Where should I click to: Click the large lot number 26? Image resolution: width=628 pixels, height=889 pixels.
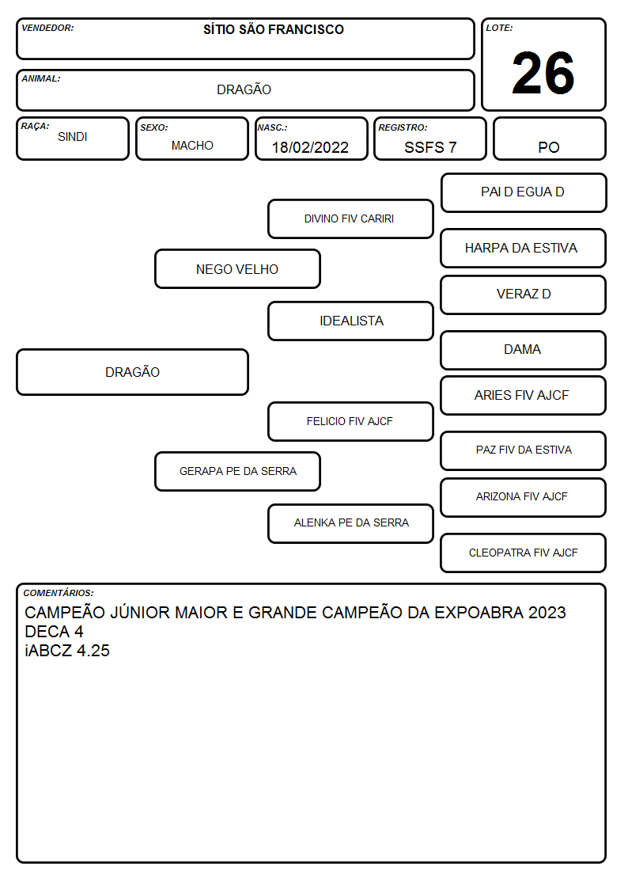[x=543, y=73]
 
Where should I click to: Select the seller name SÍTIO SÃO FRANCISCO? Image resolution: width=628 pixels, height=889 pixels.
[x=274, y=29]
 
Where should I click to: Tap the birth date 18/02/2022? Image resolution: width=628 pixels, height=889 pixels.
[x=310, y=147]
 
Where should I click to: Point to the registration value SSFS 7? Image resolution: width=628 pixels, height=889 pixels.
[x=430, y=147]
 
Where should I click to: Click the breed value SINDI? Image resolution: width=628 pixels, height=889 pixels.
[x=73, y=137]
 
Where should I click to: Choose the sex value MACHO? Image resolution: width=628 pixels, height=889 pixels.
[x=192, y=146]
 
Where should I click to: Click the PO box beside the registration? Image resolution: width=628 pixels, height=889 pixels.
[x=549, y=139]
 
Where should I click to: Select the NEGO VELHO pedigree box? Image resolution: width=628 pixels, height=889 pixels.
[x=238, y=268]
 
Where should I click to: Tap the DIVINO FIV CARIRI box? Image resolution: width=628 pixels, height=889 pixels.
[x=350, y=218]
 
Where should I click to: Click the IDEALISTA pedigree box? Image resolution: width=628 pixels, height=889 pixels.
[x=350, y=321]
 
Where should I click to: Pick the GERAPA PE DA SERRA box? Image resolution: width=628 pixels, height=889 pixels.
[x=238, y=471]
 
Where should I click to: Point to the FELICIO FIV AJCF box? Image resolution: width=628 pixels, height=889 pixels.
[x=350, y=421]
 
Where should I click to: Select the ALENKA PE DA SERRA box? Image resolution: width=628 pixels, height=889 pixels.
[x=350, y=523]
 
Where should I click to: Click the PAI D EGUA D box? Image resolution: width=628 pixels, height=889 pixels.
[x=524, y=193]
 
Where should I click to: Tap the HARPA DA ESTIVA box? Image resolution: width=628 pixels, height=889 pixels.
[x=524, y=248]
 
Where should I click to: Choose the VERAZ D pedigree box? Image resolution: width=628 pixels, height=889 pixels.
[x=524, y=294]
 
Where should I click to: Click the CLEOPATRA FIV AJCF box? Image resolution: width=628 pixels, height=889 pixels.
[x=524, y=553]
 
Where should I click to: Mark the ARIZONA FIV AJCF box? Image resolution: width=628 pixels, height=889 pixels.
[x=524, y=497]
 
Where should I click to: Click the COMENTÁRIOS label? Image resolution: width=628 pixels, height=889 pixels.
[x=59, y=593]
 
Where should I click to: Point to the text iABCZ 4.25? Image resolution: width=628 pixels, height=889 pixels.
[x=66, y=650]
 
